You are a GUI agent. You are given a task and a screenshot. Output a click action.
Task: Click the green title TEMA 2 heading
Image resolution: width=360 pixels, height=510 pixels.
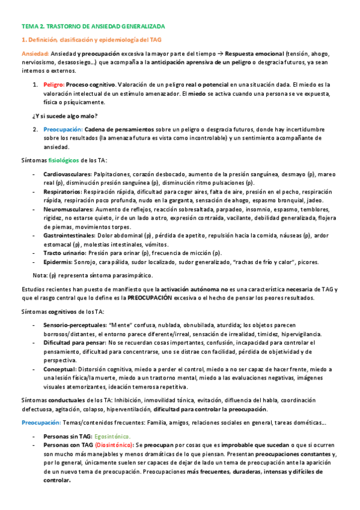pyautogui.click(x=93, y=27)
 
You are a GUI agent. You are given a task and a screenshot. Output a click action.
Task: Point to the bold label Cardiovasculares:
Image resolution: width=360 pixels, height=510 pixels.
pyautogui.click(x=67, y=174)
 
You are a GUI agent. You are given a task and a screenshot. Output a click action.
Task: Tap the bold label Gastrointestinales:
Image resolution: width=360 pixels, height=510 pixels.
pyautogui.click(x=69, y=236)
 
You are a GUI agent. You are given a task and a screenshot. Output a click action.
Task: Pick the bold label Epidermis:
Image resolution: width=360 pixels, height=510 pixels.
pyautogui.click(x=58, y=262)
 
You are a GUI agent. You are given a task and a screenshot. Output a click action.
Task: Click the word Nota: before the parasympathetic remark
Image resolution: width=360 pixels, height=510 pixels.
pyautogui.click(x=40, y=275)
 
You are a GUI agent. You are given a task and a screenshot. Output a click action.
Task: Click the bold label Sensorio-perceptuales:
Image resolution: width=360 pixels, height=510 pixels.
pyautogui.click(x=74, y=325)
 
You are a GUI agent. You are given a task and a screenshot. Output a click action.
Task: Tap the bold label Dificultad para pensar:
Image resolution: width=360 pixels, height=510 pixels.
pyautogui.click(x=75, y=342)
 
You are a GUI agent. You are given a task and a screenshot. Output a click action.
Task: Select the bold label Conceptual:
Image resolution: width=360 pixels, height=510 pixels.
pyautogui.click(x=59, y=369)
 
